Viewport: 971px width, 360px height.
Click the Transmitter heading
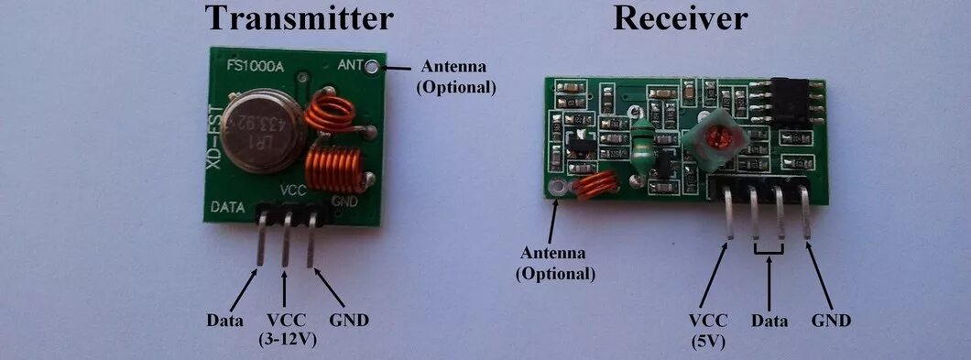300,19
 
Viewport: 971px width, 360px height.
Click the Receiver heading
681,17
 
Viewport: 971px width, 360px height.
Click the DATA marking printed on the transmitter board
227,207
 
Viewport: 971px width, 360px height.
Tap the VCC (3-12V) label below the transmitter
287,329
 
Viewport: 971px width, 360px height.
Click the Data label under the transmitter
225,321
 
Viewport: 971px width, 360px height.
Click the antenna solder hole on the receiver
554,190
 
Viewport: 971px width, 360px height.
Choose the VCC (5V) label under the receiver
709,329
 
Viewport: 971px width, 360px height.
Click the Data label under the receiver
769,321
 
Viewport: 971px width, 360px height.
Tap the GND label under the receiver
831,321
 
